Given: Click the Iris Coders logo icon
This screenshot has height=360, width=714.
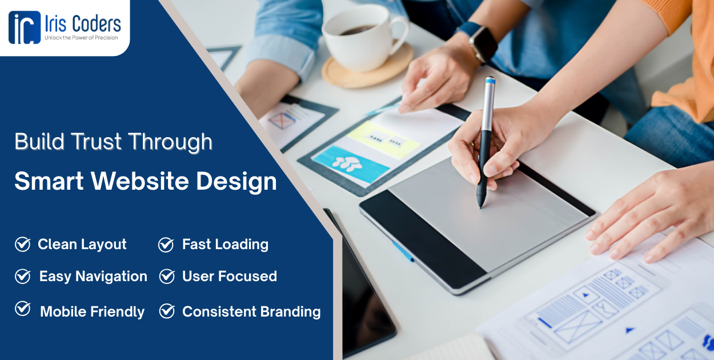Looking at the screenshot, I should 25,27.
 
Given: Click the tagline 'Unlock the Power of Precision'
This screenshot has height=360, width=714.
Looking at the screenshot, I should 81,38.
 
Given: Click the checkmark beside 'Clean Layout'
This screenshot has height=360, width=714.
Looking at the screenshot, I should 22,245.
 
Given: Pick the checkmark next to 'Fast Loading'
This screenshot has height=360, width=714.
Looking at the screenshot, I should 166,245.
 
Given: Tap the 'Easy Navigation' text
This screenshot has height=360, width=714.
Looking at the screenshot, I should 93,277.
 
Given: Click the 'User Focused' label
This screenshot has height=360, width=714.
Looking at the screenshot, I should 229,277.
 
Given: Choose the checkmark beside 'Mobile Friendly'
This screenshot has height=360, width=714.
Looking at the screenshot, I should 22,309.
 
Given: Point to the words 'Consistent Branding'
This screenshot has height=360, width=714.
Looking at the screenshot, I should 251,311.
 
